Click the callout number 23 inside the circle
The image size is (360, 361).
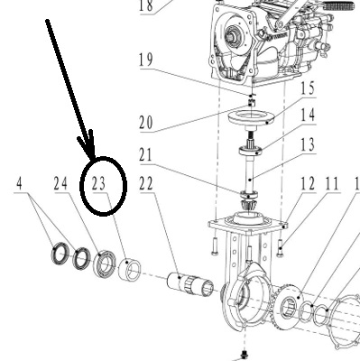point(98,183)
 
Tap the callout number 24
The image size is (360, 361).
point(60,183)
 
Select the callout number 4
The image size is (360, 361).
point(19,183)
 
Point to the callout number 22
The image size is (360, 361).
point(146,183)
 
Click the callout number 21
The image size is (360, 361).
point(146,155)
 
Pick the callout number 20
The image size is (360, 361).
point(146,123)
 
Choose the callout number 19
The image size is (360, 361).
point(146,60)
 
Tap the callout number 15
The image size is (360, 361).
point(308,88)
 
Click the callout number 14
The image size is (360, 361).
point(308,116)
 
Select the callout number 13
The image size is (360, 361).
point(308,145)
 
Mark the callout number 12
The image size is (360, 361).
point(308,183)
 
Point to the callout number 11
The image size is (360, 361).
point(332,183)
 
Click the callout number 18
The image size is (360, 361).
point(146,6)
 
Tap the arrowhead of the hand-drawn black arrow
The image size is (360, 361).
point(89,146)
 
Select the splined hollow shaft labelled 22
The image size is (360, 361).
point(190,284)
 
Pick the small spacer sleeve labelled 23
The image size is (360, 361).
point(129,268)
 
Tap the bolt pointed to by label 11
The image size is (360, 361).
point(280,248)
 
